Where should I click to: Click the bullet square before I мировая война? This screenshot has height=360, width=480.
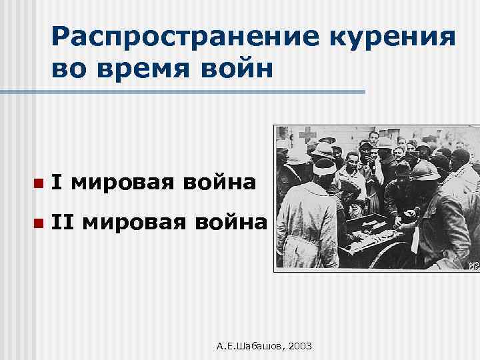[40, 182]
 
